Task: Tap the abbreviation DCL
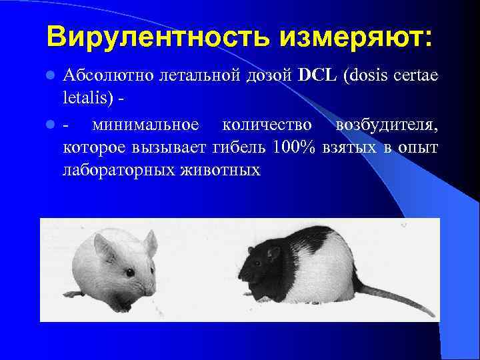319,76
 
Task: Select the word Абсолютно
108,76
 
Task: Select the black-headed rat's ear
273,254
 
